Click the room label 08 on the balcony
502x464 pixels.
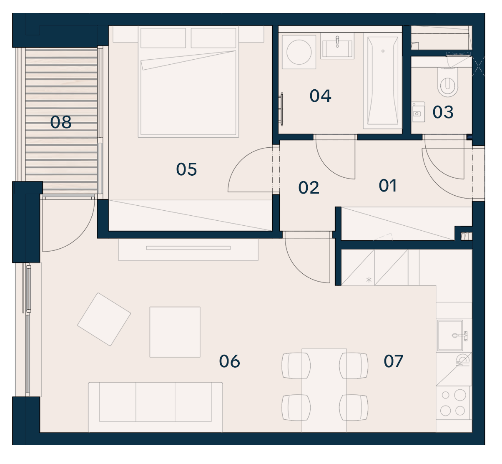point(60,122)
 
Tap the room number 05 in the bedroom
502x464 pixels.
point(186,169)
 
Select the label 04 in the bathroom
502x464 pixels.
point(320,96)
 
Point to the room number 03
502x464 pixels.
point(443,112)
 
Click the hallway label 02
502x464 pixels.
point(309,188)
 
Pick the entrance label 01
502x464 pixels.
point(387,186)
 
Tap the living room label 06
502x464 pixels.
point(229,361)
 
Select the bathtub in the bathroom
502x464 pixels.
point(383,81)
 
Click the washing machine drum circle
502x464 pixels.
point(299,52)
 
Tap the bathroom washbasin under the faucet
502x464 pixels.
point(337,49)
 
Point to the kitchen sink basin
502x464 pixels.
point(450,335)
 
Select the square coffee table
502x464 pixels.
point(175,332)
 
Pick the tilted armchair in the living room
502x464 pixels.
point(104,320)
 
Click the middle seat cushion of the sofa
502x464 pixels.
point(156,402)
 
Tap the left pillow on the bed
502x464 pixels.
point(163,38)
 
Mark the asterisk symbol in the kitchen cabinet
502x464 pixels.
point(369,280)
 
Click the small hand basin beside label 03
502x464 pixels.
point(418,112)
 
